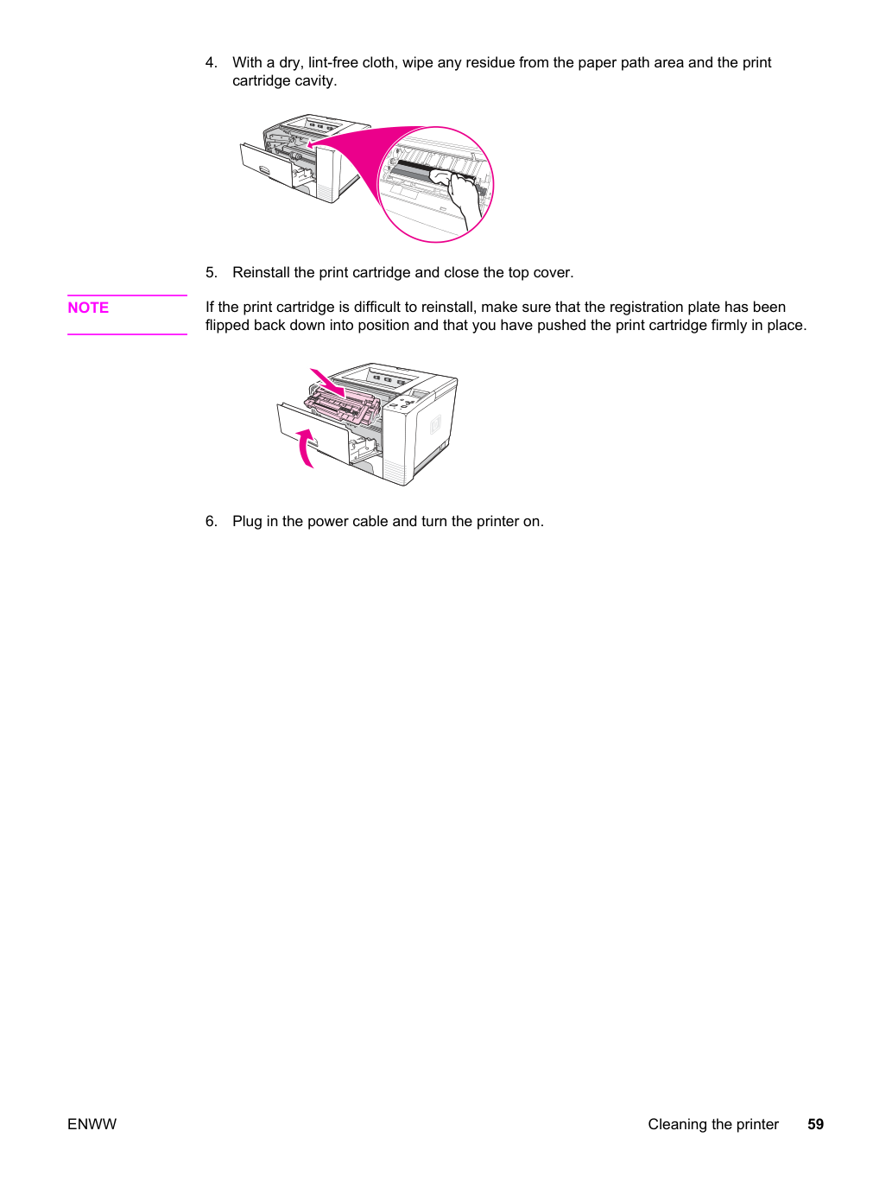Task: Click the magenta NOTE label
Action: [x=88, y=308]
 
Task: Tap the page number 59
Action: [x=815, y=1124]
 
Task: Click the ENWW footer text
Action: [x=92, y=1124]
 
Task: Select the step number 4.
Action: [x=211, y=62]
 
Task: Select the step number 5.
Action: [x=211, y=272]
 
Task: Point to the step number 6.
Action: [x=211, y=521]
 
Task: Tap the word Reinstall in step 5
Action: [x=262, y=272]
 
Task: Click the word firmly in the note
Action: [x=723, y=326]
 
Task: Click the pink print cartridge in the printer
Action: [x=342, y=403]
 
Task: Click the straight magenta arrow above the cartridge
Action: [x=327, y=382]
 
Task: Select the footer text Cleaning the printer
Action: [x=713, y=1124]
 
